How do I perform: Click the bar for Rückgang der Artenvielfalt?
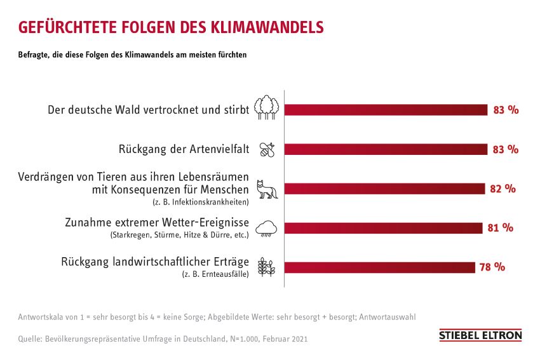[x=386, y=149]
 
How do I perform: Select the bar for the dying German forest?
[x=386, y=110]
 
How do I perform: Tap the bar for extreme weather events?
[x=383, y=228]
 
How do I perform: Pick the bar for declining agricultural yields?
[x=379, y=267]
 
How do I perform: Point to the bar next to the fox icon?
[x=385, y=189]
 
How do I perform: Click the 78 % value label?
[x=492, y=267]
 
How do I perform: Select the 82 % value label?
[x=503, y=189]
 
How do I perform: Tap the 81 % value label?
[x=500, y=228]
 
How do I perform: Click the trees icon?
[x=267, y=107]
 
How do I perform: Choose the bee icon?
[x=267, y=150]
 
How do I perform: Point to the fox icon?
[x=267, y=189]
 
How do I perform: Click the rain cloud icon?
[x=266, y=229]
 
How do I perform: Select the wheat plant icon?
[x=267, y=267]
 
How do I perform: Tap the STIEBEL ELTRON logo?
[x=480, y=335]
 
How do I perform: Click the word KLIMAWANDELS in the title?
[x=267, y=27]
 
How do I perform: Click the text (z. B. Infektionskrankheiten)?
[x=200, y=202]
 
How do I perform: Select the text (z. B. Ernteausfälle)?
[x=215, y=274]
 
